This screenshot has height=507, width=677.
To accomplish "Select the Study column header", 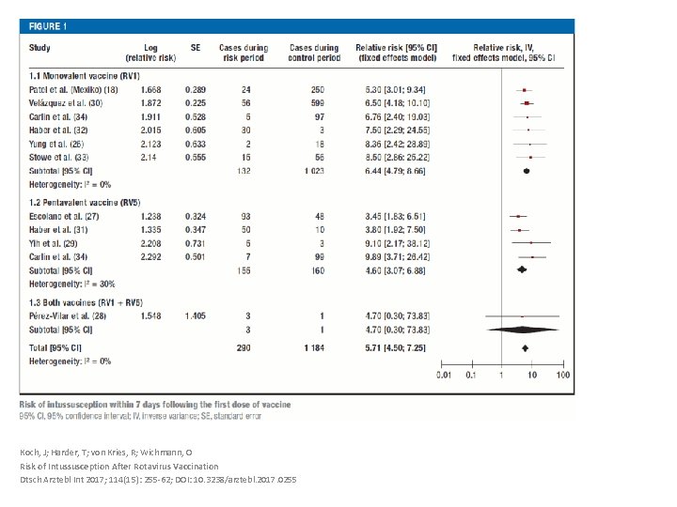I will click(x=39, y=48).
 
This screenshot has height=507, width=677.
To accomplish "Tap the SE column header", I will click(x=196, y=48).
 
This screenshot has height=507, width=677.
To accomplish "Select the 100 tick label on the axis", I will click(x=562, y=376).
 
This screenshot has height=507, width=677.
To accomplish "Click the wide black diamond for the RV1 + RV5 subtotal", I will click(x=522, y=330).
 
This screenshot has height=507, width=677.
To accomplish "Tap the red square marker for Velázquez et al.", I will click(x=527, y=103).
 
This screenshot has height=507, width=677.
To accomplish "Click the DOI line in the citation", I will click(x=158, y=479).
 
